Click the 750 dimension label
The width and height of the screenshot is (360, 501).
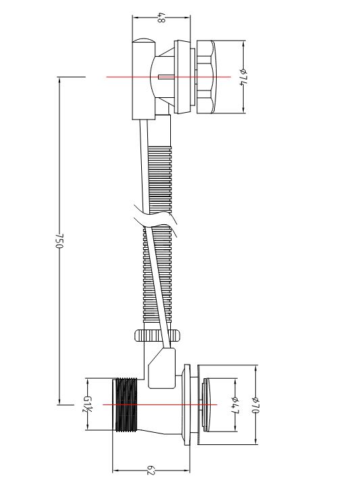pos(60,240)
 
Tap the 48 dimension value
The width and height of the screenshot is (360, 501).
pos(161,18)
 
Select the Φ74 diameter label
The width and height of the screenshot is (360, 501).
pos(244,78)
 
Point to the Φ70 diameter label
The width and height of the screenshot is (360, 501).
pos(255,404)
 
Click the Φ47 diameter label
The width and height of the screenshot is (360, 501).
pos(235,405)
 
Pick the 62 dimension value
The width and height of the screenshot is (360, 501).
pos(151,471)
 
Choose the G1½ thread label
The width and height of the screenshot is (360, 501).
pos(87,404)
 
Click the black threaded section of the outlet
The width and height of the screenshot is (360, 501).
pos(126,404)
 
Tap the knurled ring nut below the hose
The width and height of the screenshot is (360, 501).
pos(157,336)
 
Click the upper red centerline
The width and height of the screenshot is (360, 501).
pos(168,77)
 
